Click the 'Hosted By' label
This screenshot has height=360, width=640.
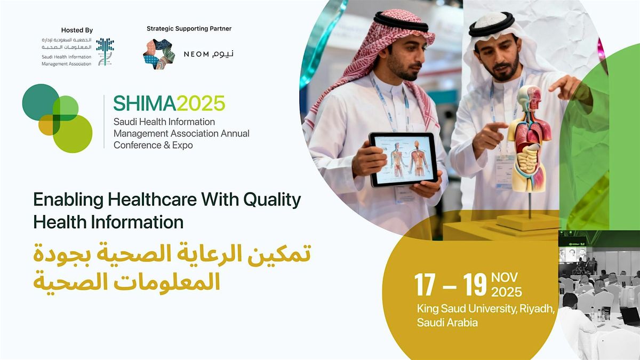(x=77, y=30)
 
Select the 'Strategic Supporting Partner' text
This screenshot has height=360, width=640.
(x=189, y=29)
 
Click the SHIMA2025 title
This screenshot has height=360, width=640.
(x=169, y=102)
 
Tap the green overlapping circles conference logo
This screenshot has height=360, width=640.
(x=57, y=118)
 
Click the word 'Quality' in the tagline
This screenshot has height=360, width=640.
(x=272, y=200)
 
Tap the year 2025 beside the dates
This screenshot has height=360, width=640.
(x=507, y=292)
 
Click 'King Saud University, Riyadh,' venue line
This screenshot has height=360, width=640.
(x=487, y=309)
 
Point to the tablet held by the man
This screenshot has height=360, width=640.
(x=403, y=159)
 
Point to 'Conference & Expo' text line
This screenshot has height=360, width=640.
(x=153, y=145)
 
